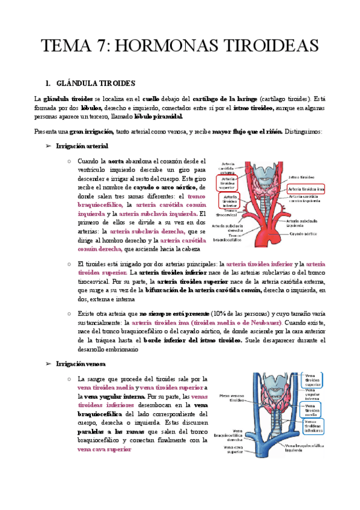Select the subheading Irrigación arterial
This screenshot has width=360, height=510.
(x=82, y=146)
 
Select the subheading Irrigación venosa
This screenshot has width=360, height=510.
(x=81, y=364)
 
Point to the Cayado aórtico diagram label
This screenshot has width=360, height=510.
(x=302, y=234)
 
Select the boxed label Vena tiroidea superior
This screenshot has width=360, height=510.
(x=312, y=381)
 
